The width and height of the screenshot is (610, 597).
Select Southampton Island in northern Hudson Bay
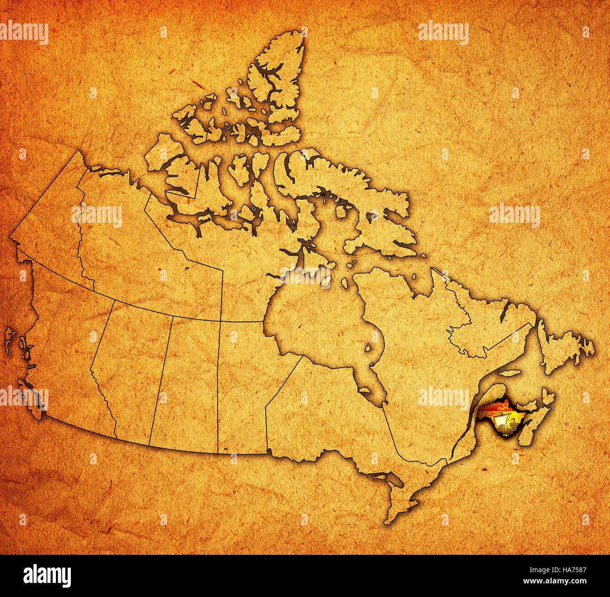pyautogui.click(x=307, y=277)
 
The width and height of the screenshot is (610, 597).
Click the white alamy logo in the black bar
pyautogui.click(x=47, y=575)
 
